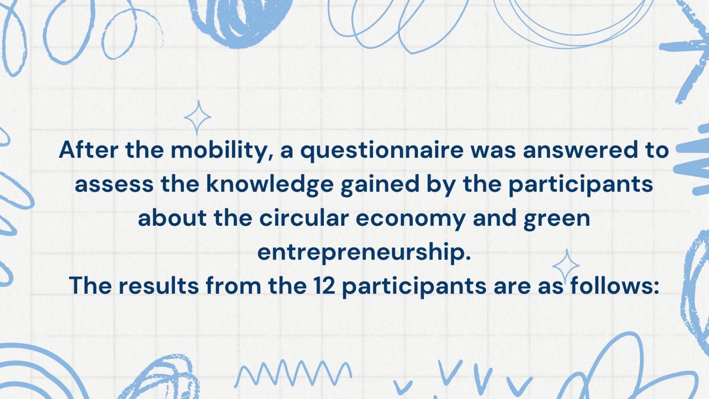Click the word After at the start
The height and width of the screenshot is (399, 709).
[x=89, y=150]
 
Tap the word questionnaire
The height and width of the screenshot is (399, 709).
[x=381, y=151]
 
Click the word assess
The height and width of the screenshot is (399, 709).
[x=114, y=185]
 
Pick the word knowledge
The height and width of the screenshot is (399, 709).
[x=270, y=186]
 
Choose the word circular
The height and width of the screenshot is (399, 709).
[x=304, y=218]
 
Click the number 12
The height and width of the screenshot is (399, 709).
[x=324, y=286]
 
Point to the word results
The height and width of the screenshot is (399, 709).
[x=158, y=286]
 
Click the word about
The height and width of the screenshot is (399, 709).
[x=172, y=218]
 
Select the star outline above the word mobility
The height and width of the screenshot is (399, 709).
[x=198, y=118]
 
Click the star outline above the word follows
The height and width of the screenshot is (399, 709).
[x=566, y=265]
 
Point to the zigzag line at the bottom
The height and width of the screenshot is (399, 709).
[x=293, y=373]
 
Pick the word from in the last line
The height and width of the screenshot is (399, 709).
[x=233, y=285]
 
